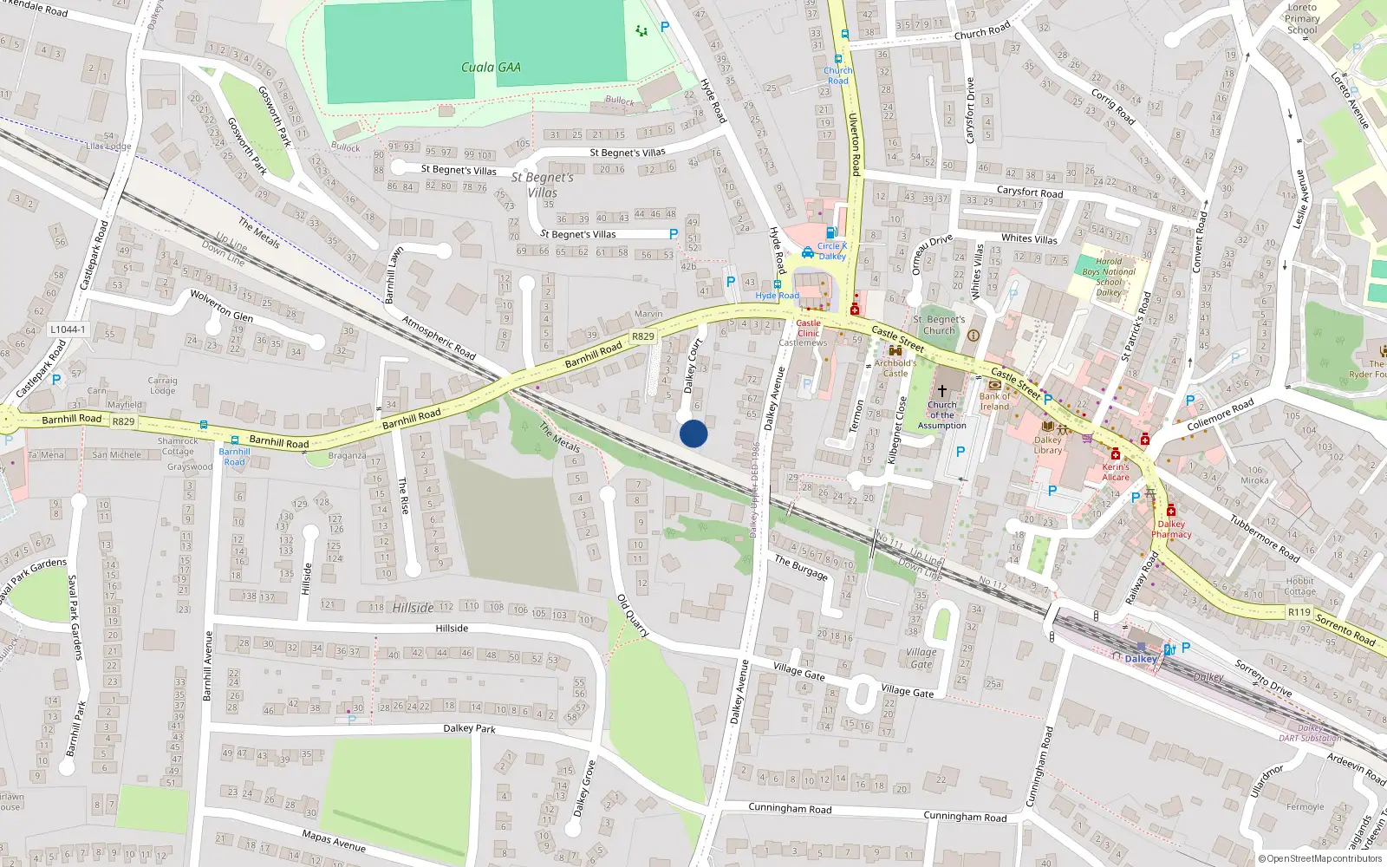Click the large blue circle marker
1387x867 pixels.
point(693,433)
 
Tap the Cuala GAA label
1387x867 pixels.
point(491,68)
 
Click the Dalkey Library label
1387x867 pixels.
point(1048,445)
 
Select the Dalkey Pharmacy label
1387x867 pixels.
point(1171,529)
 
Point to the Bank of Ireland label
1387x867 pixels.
point(995,401)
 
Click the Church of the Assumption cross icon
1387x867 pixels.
point(942,391)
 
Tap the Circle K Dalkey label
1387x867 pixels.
point(832,251)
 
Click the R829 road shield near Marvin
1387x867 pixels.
point(643,336)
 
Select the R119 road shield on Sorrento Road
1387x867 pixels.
point(1299,612)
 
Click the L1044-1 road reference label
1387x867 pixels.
point(68,329)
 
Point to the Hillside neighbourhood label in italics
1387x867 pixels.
point(413,608)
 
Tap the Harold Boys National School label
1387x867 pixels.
point(1109,277)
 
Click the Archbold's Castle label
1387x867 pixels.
point(895,368)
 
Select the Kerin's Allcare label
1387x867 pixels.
point(1116,472)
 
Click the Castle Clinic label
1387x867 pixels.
point(808,328)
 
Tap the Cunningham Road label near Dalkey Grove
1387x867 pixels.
point(790,809)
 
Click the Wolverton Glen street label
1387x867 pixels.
point(222,306)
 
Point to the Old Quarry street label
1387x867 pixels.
point(633,616)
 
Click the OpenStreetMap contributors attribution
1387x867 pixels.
point(1319,858)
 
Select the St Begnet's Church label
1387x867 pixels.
point(939,324)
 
